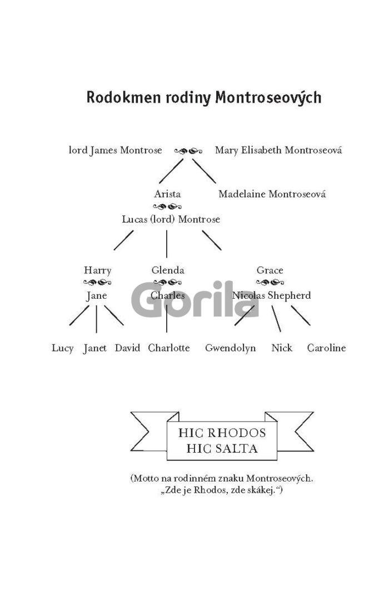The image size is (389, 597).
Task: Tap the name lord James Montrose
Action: click(115, 150)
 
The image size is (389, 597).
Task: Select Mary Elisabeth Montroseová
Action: click(278, 150)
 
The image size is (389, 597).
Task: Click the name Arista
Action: click(167, 194)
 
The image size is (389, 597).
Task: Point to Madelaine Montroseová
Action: click(272, 194)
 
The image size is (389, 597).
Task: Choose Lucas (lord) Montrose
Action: click(171, 219)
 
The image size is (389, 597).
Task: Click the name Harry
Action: click(98, 270)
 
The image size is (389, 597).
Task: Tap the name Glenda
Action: click(168, 270)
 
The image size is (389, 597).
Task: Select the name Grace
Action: click(270, 270)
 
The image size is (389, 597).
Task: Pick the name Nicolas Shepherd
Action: click(271, 295)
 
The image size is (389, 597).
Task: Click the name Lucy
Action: click(62, 348)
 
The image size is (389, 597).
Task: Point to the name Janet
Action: click(95, 348)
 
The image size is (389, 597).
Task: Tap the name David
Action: click(127, 348)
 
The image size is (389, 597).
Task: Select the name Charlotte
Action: click(169, 348)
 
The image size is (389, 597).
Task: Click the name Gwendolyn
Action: click(231, 348)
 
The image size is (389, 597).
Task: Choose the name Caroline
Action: click(327, 348)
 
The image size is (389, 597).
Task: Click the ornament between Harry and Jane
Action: click(97, 283)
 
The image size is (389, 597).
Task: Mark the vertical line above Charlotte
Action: click(167, 318)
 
